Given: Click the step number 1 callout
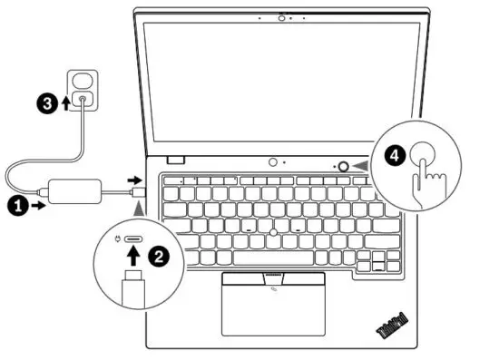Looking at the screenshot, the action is (15, 207).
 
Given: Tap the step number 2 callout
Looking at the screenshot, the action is (159, 257).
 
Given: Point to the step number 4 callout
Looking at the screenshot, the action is (394, 155).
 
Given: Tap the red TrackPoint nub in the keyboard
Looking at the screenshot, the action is (272, 233).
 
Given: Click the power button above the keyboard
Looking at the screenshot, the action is (343, 166).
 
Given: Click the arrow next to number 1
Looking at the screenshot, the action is (38, 207).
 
